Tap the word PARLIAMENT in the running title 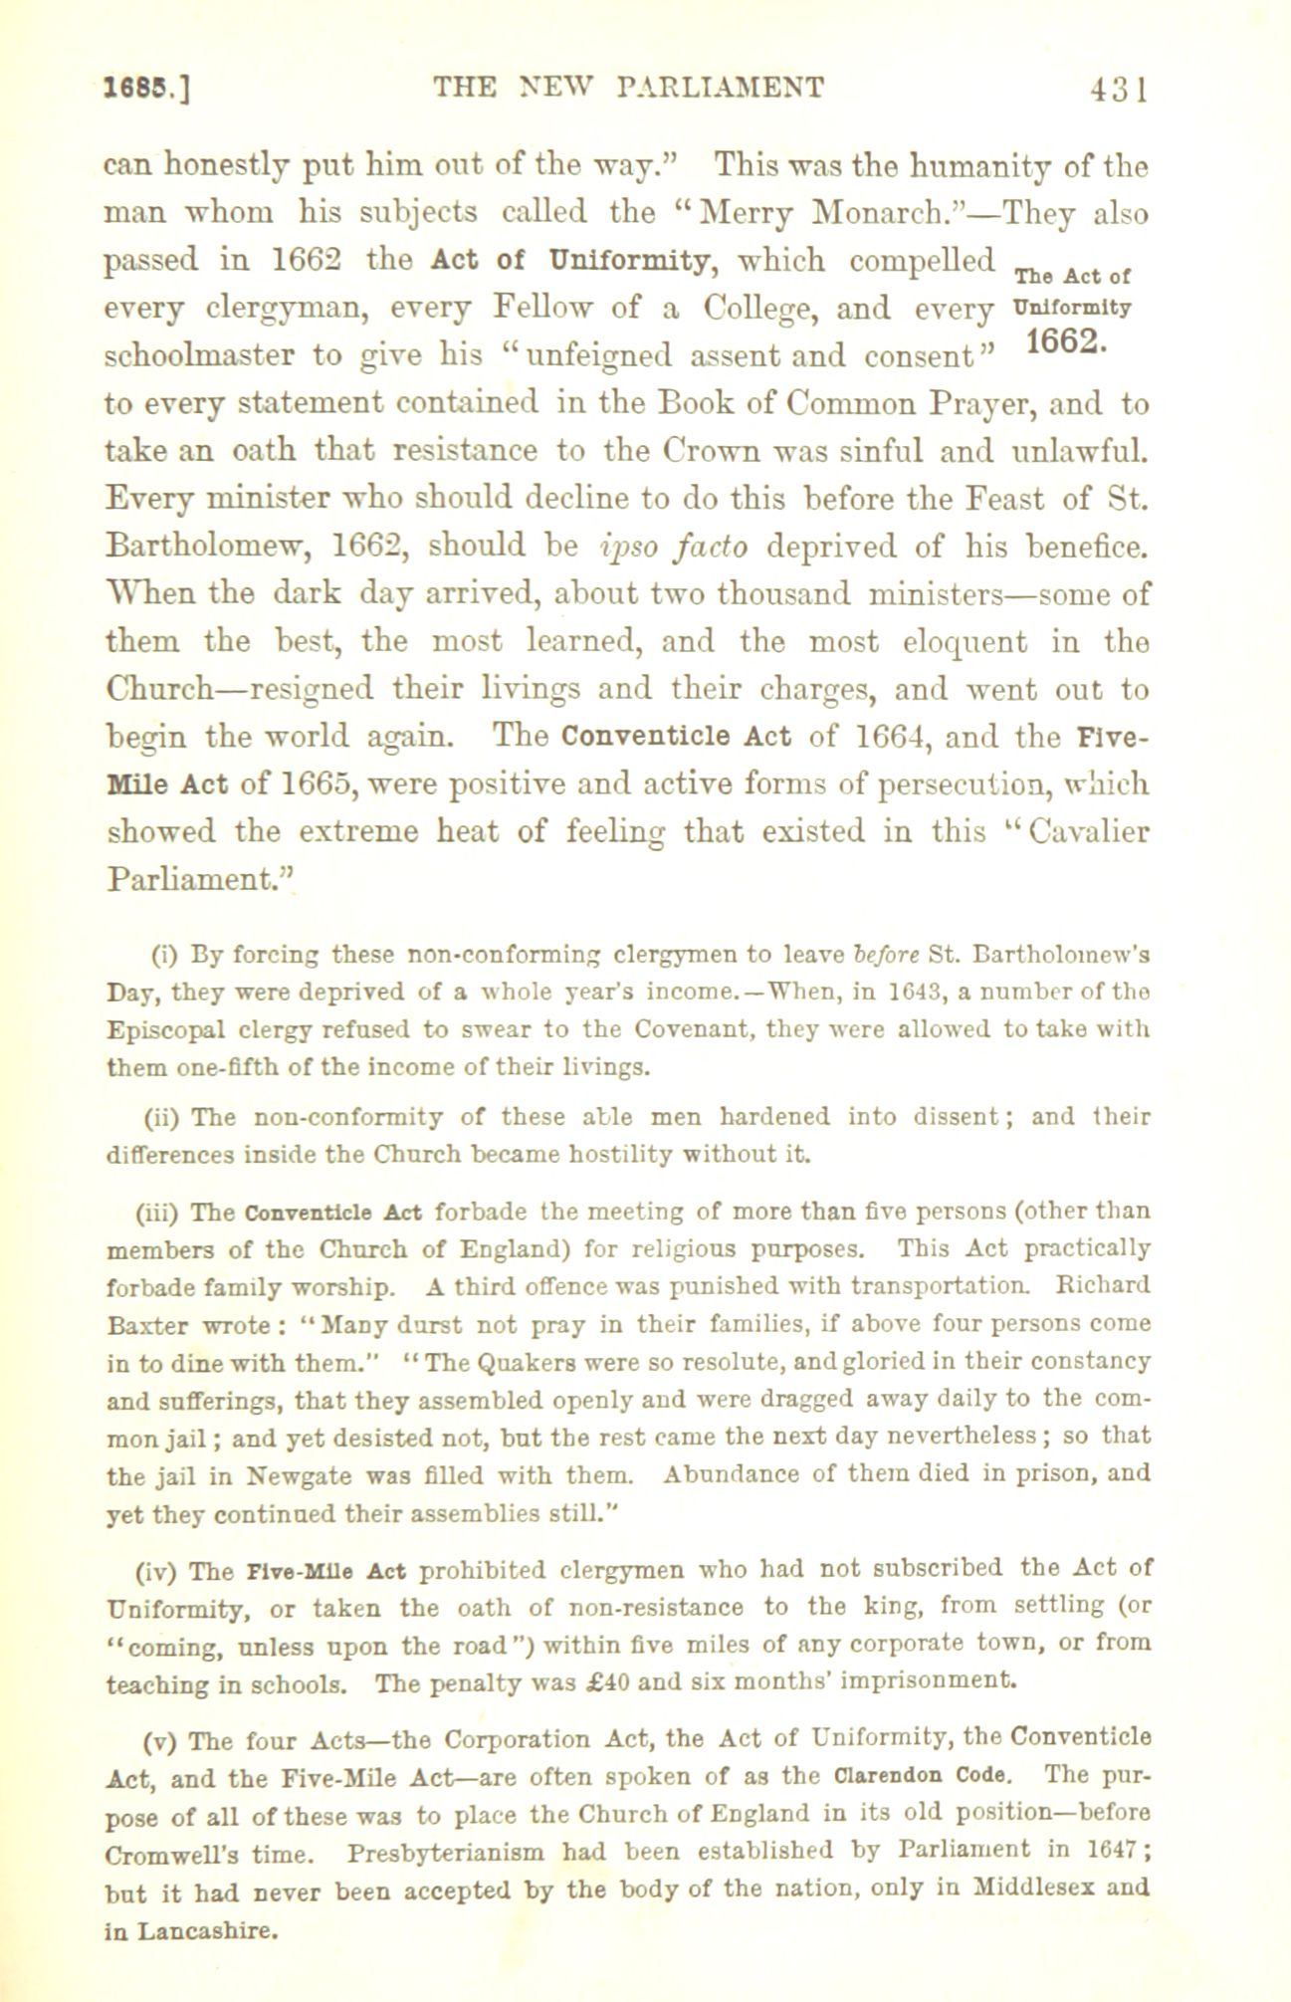720,88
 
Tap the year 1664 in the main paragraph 892,738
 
